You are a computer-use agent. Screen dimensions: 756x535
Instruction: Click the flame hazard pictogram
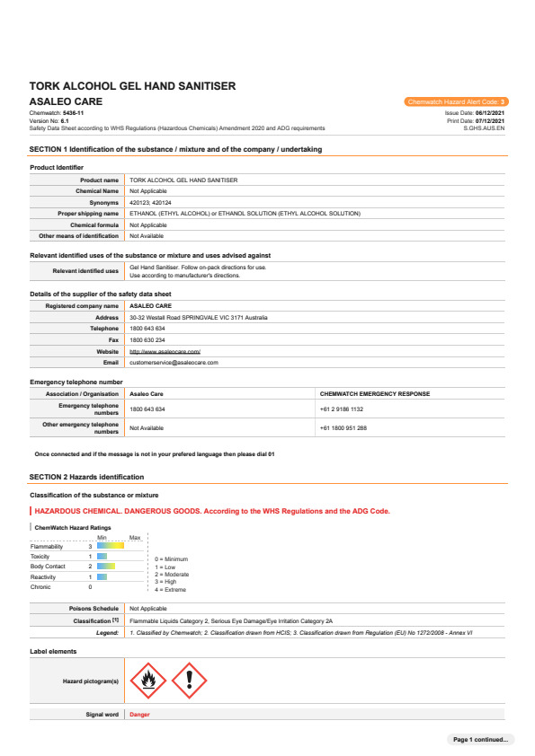148,681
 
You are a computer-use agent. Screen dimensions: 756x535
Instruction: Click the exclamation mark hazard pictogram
189,681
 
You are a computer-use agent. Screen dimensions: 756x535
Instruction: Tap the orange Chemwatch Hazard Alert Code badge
457,102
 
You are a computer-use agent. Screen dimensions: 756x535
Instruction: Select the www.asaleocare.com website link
165,351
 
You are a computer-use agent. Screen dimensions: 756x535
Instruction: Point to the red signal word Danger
139,715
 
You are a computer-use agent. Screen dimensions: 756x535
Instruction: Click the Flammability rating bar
111,546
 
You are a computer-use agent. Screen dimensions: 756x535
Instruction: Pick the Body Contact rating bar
106,567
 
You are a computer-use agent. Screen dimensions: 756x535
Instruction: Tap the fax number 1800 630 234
147,340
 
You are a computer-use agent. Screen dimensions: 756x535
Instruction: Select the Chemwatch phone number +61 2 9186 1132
342,409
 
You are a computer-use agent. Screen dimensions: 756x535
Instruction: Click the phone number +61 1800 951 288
343,427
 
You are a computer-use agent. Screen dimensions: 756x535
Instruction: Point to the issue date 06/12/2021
489,113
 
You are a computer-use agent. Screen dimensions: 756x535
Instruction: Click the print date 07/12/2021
489,121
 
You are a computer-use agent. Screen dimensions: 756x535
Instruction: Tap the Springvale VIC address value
198,317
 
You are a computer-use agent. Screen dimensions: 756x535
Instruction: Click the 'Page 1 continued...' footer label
480,739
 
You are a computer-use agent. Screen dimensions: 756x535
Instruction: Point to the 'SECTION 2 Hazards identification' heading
86,477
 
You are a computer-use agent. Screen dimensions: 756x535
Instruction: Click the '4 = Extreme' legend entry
171,590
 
